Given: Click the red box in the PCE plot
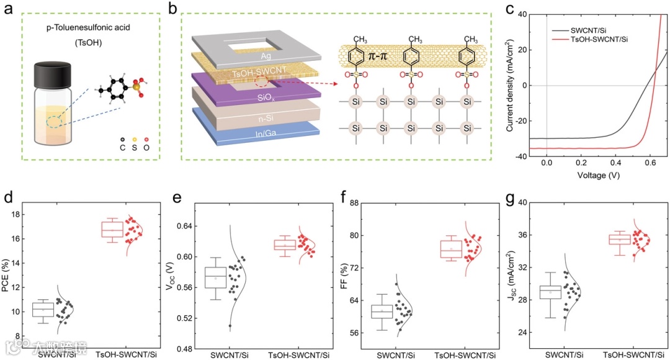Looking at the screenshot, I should [x=112, y=230].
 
